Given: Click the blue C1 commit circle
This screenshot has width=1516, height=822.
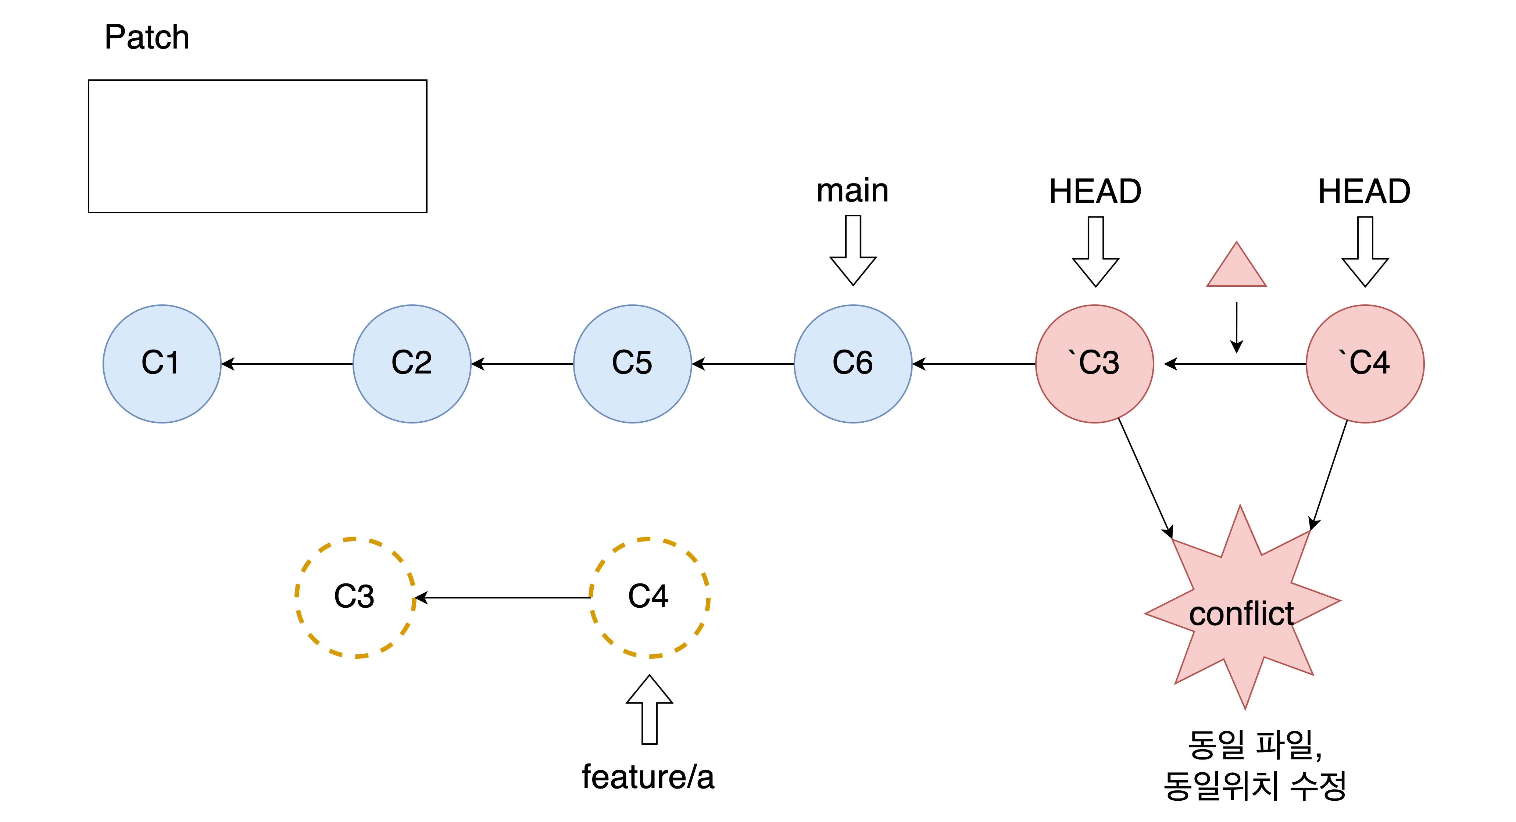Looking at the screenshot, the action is [x=162, y=364].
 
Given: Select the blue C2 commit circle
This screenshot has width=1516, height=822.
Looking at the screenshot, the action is [x=412, y=364].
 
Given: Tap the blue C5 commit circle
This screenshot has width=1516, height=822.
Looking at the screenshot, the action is [x=633, y=364].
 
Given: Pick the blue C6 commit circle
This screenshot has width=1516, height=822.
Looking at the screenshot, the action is [x=853, y=364].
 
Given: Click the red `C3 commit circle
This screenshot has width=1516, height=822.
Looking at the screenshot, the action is [x=1095, y=364].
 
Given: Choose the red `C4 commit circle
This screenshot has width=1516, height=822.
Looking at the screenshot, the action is [x=1365, y=364].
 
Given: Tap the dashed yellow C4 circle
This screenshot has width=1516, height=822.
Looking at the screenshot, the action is [x=650, y=597].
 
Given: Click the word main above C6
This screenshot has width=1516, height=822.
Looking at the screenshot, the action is [x=853, y=191].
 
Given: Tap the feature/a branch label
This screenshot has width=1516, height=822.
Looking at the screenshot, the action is [x=648, y=777].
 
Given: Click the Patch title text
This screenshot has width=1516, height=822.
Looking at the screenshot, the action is [x=147, y=37].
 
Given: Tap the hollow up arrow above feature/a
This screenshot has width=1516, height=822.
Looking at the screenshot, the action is [x=650, y=710].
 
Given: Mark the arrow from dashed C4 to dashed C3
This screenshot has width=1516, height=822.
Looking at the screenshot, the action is [x=504, y=598].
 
